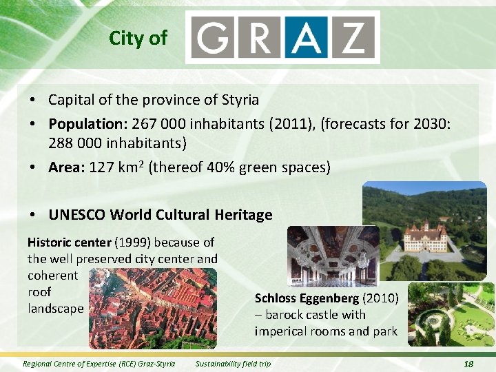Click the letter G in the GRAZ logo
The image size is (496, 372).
coord(215,37)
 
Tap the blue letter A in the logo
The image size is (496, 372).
coord(309,37)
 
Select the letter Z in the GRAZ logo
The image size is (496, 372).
coord(356,37)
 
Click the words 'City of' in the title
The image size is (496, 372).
coord(138,38)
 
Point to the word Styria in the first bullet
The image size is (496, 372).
coord(240,100)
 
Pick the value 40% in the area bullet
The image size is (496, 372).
coord(223,167)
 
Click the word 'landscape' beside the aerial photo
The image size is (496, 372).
coord(56,309)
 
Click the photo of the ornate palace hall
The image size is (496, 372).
coord(332,256)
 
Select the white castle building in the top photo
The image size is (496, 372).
coord(424,238)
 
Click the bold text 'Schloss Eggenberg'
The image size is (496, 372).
coord(307,298)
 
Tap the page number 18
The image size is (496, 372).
coord(468,364)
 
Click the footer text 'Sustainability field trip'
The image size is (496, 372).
coord(233,364)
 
